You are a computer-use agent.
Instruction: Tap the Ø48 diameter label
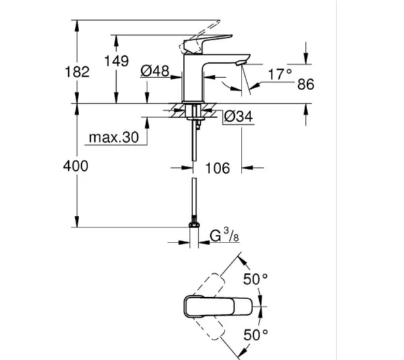click(155, 70)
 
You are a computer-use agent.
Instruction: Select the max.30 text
click(113, 138)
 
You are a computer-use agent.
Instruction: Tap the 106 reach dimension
click(218, 167)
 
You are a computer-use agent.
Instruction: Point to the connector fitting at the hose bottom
click(195, 228)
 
